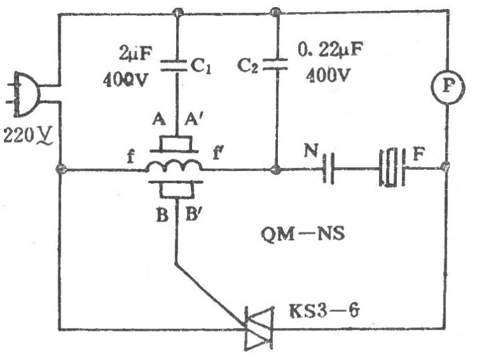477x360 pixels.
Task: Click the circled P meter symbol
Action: [x=448, y=87]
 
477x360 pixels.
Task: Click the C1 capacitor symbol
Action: [x=174, y=65]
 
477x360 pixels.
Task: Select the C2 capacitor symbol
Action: [x=275, y=64]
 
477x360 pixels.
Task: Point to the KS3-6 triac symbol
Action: [x=259, y=329]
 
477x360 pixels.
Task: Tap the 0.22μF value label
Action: [x=330, y=49]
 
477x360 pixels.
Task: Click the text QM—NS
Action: [x=303, y=234]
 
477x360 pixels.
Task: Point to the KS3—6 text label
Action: [x=325, y=311]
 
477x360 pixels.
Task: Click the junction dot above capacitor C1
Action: [x=177, y=12]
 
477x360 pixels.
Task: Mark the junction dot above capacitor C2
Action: [x=275, y=12]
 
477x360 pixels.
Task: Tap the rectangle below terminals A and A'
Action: [x=177, y=143]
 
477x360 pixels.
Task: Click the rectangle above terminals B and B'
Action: [x=177, y=190]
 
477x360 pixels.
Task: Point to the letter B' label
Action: [x=192, y=215]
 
